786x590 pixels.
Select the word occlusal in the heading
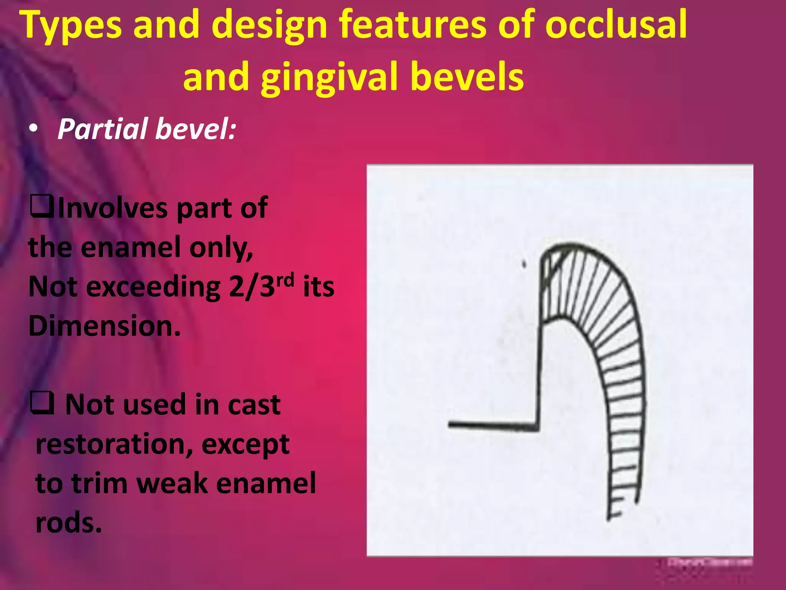pos(616,25)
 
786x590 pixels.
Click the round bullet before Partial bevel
pos(34,129)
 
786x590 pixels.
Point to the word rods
pos(69,522)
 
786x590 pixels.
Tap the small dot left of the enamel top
pos(523,264)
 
